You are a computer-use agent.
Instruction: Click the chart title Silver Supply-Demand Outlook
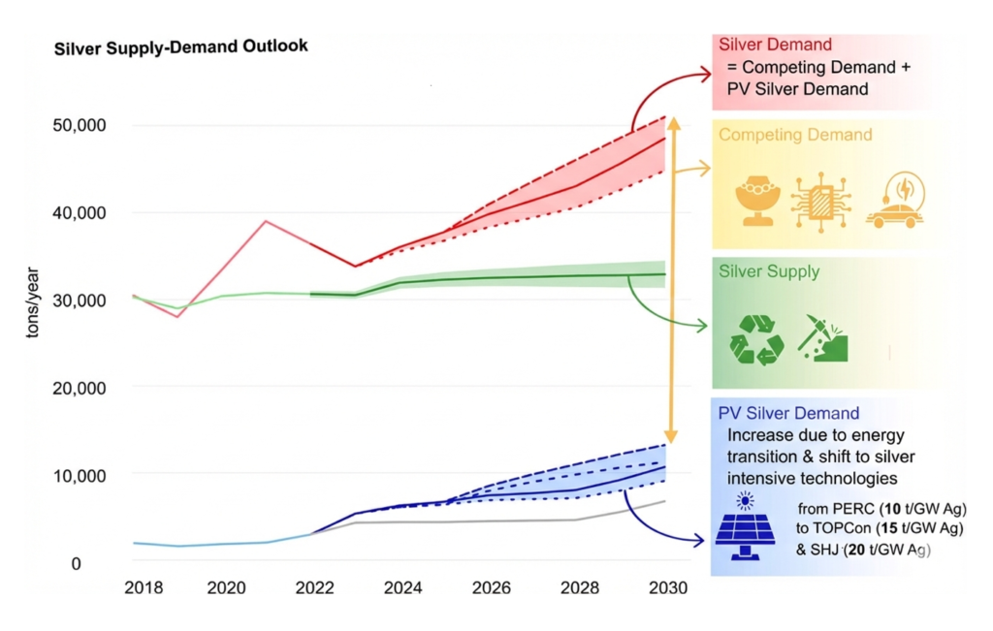point(181,47)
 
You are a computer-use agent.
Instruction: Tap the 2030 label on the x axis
point(669,588)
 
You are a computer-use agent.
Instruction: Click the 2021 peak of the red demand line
point(266,221)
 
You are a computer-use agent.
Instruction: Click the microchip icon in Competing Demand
point(820,201)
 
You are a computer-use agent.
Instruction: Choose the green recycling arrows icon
point(756,339)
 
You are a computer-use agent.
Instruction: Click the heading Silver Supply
point(769,272)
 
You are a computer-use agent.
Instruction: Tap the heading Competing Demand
point(795,135)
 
